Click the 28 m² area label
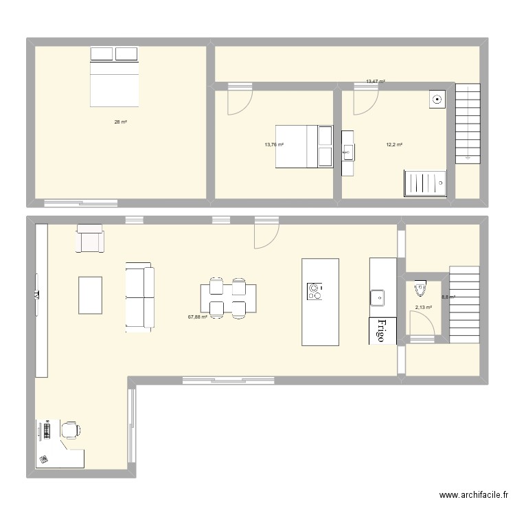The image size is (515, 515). click(x=120, y=122)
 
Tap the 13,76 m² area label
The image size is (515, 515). click(x=274, y=145)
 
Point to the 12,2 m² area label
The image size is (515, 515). click(x=394, y=145)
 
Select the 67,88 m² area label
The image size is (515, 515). click(x=198, y=317)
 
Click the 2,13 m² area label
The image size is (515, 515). click(x=424, y=308)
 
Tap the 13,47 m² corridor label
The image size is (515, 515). click(x=375, y=82)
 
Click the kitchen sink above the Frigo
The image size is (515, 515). click(x=378, y=297)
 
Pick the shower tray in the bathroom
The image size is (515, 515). click(x=424, y=183)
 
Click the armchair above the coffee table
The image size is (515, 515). click(x=90, y=238)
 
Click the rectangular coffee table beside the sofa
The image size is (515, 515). click(x=90, y=296)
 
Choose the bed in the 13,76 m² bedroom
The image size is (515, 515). click(x=304, y=146)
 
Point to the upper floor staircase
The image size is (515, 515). click(x=467, y=124)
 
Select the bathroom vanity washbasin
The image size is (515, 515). click(x=348, y=153)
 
